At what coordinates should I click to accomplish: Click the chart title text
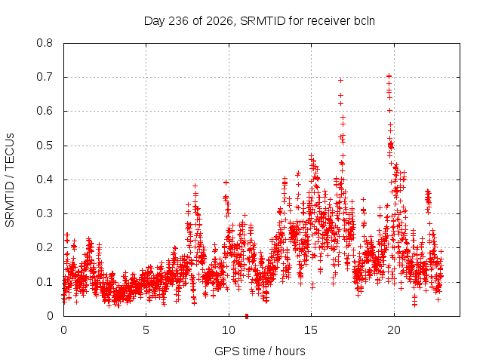click(260, 21)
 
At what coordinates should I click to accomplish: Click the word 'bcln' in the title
click(365, 21)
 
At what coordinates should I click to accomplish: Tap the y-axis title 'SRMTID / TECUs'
click(10, 180)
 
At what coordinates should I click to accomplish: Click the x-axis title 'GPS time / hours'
click(260, 351)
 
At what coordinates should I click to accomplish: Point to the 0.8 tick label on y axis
click(45, 43)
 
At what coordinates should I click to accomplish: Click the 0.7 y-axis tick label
click(45, 77)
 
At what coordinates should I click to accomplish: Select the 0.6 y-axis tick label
click(45, 111)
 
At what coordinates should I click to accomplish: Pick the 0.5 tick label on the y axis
click(45, 146)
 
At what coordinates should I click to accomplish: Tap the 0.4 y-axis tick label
click(45, 179)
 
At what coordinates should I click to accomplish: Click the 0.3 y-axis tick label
click(45, 213)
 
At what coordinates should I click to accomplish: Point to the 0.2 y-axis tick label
click(45, 247)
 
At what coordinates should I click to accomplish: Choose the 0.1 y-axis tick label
click(45, 281)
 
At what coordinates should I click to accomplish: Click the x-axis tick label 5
click(146, 330)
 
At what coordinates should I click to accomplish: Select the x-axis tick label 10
click(229, 330)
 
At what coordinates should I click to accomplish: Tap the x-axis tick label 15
click(311, 330)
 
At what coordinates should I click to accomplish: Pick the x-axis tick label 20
click(394, 330)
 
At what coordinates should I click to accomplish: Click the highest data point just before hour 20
click(389, 75)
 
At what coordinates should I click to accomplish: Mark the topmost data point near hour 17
click(340, 81)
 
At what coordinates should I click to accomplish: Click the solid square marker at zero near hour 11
click(247, 316)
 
